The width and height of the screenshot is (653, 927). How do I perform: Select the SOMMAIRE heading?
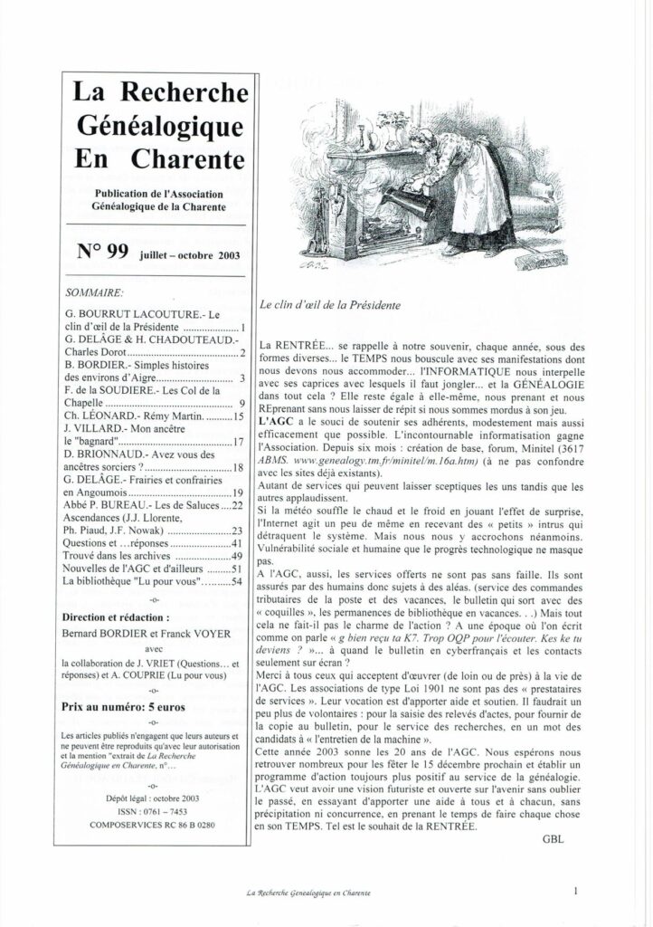pos(96,293)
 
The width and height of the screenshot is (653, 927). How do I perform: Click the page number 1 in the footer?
pos(575,891)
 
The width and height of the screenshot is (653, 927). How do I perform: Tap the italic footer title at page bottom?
pos(309,894)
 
